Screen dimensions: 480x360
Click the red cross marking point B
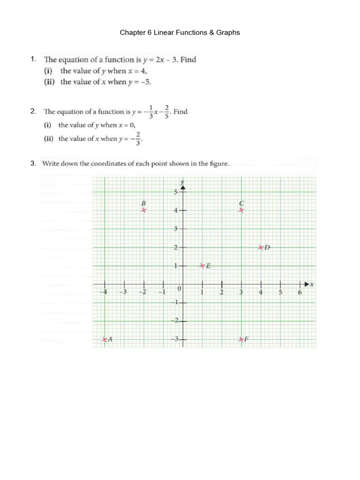(x=144, y=210)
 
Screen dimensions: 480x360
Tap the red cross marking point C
(x=241, y=210)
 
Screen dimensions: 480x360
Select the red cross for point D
(x=261, y=247)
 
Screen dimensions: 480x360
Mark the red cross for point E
(x=202, y=266)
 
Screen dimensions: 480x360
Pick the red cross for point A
(x=105, y=339)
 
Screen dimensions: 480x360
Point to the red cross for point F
(x=241, y=339)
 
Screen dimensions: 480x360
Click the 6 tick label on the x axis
(x=300, y=293)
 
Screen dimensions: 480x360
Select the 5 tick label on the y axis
(x=175, y=192)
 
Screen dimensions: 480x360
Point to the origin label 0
(x=179, y=287)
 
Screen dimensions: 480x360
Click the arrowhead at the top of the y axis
(x=183, y=188)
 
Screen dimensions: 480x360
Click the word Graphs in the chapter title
(x=227, y=32)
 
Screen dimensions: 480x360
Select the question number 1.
(x=32, y=59)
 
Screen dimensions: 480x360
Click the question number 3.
(x=32, y=164)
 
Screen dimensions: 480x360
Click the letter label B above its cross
(x=144, y=203)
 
